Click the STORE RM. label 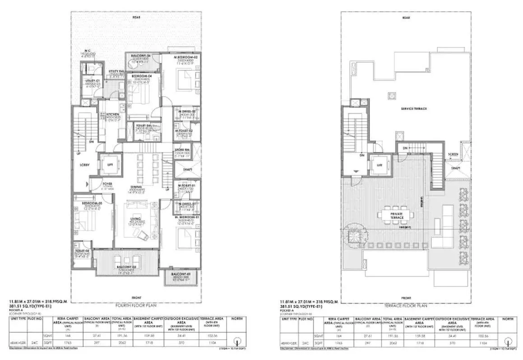183,150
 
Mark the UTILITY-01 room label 92,81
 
